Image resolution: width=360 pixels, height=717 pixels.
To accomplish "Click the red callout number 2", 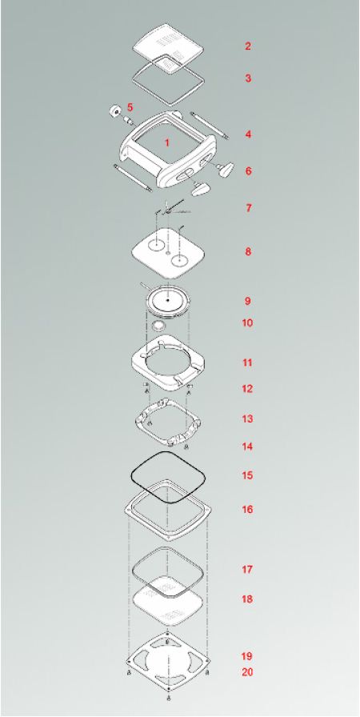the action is (x=248, y=46).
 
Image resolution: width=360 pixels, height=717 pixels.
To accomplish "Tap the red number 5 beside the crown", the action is (x=130, y=107).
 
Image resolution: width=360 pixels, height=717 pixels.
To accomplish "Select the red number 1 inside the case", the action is (x=166, y=142).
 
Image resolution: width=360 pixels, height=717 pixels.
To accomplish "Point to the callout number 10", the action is (x=247, y=322).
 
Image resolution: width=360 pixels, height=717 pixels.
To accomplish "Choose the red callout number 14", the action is (x=247, y=447).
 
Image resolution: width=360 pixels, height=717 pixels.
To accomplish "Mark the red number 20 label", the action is (x=247, y=672).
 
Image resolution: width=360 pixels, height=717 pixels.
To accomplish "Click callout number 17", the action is (x=247, y=569).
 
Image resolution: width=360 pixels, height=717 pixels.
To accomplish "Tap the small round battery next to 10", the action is (x=158, y=326).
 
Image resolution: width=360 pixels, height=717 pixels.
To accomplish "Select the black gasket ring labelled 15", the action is (x=168, y=453).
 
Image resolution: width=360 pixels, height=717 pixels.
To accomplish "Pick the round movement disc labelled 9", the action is (x=168, y=300).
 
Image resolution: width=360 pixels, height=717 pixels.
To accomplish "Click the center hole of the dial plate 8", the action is (x=168, y=252).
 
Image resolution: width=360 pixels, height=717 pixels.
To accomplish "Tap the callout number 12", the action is (x=247, y=389).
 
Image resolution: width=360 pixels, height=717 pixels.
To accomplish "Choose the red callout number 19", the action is (x=247, y=656).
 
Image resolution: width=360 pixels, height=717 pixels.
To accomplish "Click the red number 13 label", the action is (x=247, y=419).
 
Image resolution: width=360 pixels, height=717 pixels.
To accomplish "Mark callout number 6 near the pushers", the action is (x=248, y=171).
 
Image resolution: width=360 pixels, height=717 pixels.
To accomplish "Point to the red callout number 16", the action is (x=247, y=510).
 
